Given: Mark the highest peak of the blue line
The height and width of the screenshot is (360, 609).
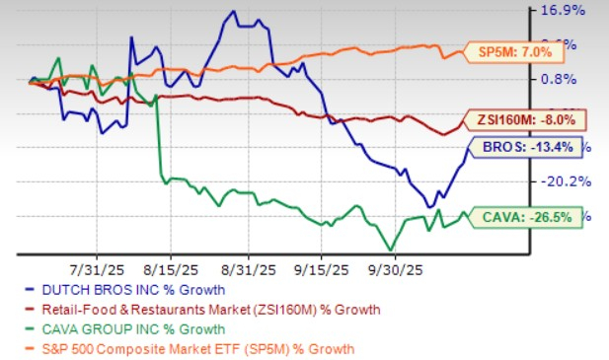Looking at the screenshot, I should click(233, 12).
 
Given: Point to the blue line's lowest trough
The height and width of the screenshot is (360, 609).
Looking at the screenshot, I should click(429, 206).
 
